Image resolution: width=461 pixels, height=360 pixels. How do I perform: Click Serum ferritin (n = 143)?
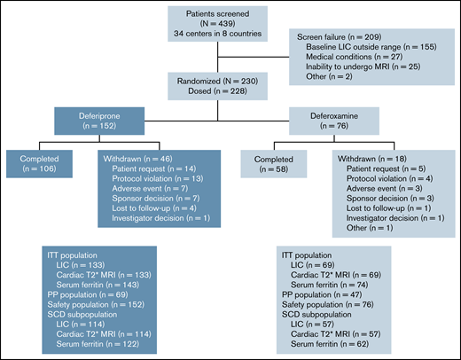pos(98,281)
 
